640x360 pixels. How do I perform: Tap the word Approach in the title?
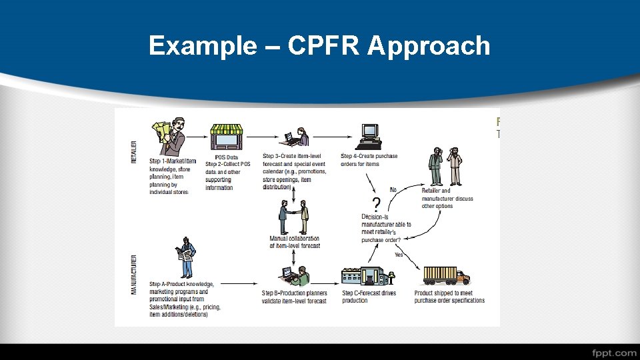coord(429,47)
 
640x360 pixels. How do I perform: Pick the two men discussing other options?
coord(446,167)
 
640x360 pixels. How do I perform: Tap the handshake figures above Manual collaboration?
coord(294,217)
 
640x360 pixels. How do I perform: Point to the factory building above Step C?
coord(363,276)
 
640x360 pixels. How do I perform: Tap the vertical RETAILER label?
coord(133,153)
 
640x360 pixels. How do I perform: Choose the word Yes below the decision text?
coord(399,254)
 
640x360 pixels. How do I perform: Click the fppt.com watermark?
coord(613,352)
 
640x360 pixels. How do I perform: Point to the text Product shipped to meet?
coord(444,293)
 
